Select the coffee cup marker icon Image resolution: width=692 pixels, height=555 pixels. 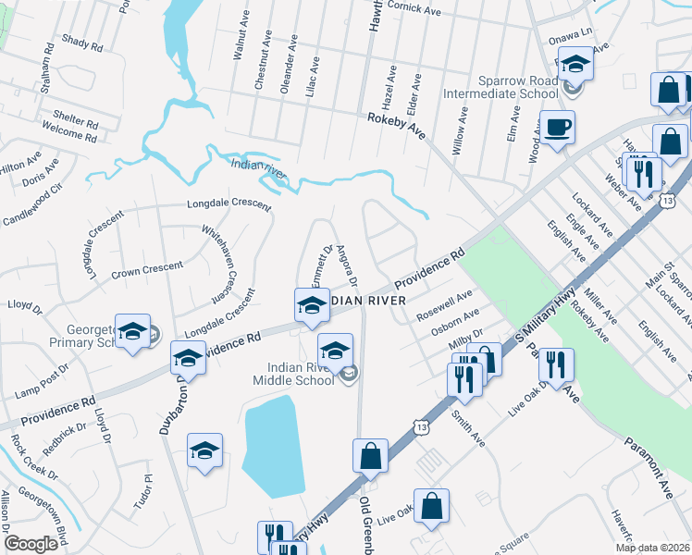(x=558, y=128)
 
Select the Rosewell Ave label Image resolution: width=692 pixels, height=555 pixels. (x=445, y=305)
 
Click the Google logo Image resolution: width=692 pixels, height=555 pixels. (x=30, y=544)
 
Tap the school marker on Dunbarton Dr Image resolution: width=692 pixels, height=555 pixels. (x=188, y=358)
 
